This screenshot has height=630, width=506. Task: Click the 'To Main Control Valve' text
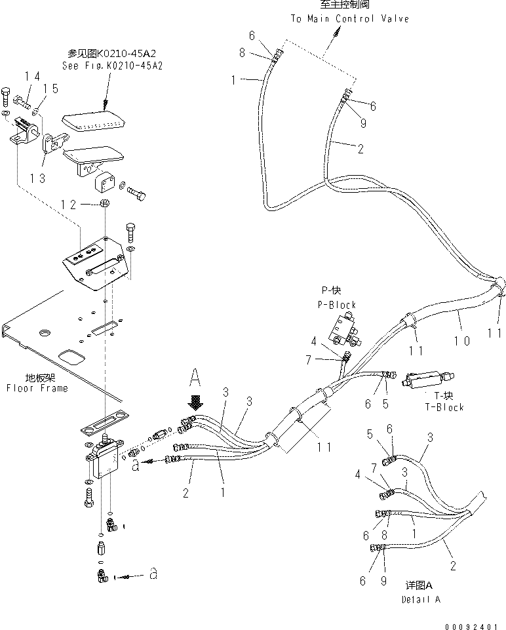[349, 18]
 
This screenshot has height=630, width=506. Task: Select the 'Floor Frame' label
[37, 387]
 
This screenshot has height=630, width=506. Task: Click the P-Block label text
[338, 305]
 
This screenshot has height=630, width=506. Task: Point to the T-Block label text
[444, 406]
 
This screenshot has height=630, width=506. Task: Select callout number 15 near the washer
[50, 89]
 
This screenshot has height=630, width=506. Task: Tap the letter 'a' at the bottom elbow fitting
[153, 575]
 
